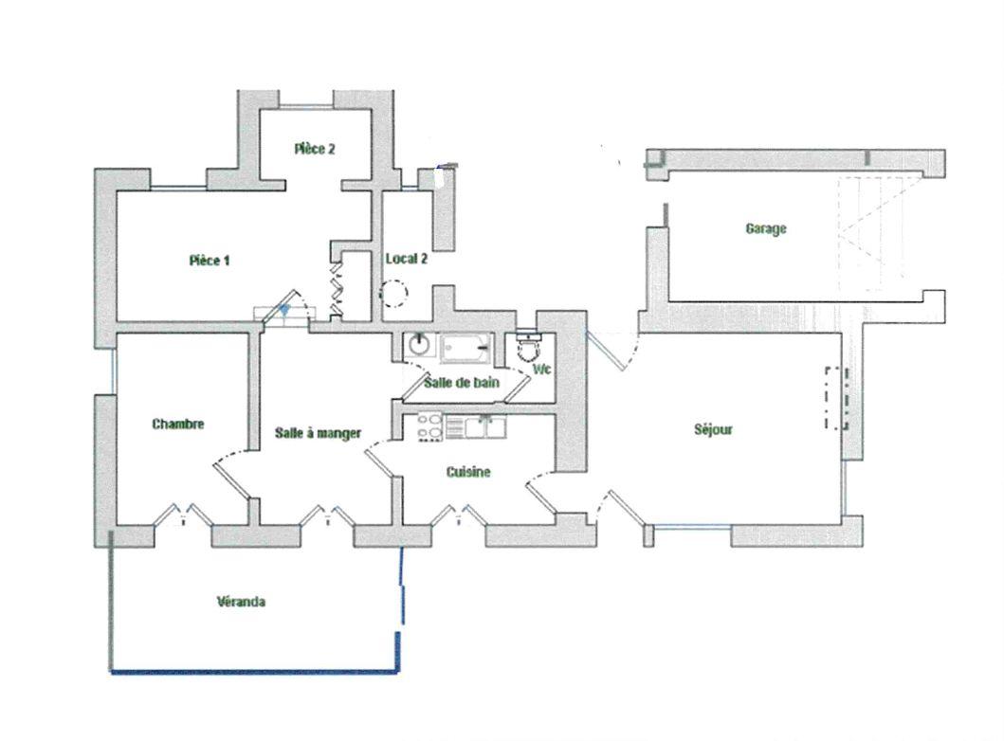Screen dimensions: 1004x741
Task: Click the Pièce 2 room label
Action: pyautogui.click(x=315, y=149)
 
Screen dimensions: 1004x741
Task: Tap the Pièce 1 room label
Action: pyautogui.click(x=210, y=261)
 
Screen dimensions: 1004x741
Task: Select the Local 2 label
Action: pyautogui.click(x=407, y=259)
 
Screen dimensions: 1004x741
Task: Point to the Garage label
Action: pyautogui.click(x=766, y=228)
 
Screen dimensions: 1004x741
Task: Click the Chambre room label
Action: pyautogui.click(x=178, y=424)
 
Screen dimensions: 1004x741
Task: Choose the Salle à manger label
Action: pyautogui.click(x=319, y=433)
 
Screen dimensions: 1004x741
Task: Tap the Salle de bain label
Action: pyautogui.click(x=462, y=383)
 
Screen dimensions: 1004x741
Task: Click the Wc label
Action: pyautogui.click(x=541, y=370)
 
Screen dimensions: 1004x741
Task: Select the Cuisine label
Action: pyautogui.click(x=468, y=472)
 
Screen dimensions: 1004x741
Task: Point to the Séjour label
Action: pyautogui.click(x=713, y=429)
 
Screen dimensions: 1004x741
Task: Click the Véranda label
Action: pyautogui.click(x=241, y=602)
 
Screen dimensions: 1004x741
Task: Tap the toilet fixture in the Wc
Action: pyautogui.click(x=528, y=348)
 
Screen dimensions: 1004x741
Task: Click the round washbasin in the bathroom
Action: pyautogui.click(x=419, y=344)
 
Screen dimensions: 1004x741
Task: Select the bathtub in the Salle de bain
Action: pyautogui.click(x=466, y=348)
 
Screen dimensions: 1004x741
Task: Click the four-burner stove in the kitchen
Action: pyautogui.click(x=429, y=426)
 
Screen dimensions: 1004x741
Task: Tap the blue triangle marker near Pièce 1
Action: pyautogui.click(x=284, y=309)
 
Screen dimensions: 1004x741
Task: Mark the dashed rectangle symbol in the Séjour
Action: pyautogui.click(x=837, y=398)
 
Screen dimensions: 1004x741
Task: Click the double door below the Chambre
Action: pyautogui.click(x=183, y=515)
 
